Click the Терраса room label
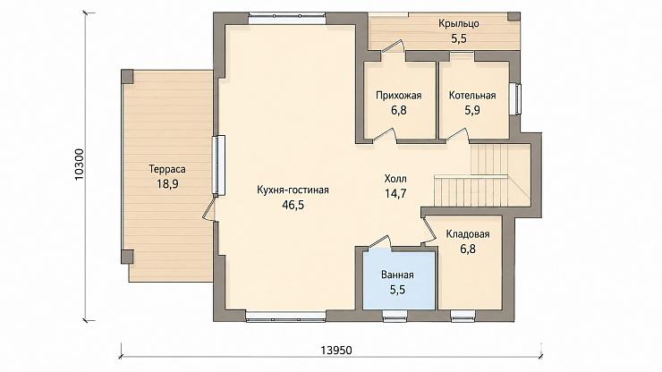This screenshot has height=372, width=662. point(167,169)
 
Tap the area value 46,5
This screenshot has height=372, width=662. point(293,205)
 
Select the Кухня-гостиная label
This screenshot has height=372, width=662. point(293,190)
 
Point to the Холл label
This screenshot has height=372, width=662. point(395,179)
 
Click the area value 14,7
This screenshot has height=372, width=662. point(395,193)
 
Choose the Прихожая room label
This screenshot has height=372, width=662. point(399,96)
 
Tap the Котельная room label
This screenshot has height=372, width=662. point(472,96)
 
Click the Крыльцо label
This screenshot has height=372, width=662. point(459,23)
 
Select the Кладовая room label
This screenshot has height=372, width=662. point(468,234)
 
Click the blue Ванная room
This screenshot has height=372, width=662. point(399,281)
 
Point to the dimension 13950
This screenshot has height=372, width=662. point(336,351)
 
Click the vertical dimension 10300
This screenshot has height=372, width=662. point(80,165)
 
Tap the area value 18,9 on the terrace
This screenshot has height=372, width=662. point(167,184)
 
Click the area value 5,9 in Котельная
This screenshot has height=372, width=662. point(472,110)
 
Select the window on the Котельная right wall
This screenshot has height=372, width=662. point(515,98)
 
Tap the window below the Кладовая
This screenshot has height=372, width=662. point(463,316)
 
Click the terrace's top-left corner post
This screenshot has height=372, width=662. point(128,76)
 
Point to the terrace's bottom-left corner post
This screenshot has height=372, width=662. point(128,257)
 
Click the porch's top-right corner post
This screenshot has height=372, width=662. point(513,16)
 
